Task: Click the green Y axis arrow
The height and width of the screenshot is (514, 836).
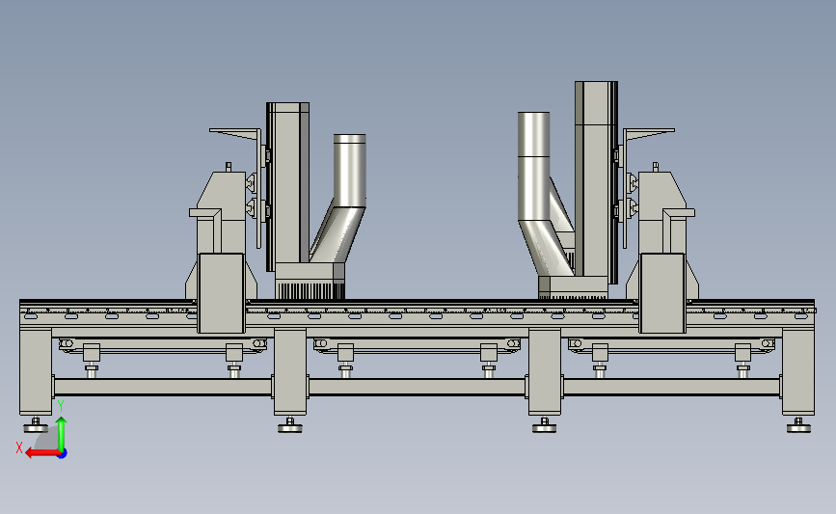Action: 62,434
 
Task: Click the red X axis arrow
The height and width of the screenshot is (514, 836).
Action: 42,453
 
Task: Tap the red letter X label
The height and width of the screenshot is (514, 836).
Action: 19,447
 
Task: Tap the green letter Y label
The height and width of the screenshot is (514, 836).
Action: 61,406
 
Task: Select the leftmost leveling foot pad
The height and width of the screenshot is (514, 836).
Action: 36,427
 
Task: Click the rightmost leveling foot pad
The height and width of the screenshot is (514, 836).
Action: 798,427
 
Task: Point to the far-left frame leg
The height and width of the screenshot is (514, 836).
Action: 36,371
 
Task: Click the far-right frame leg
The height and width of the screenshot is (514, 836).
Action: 798,371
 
